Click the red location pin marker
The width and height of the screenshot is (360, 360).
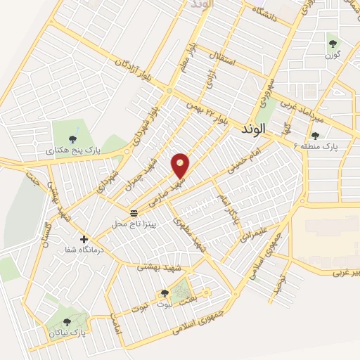click(x=181, y=165)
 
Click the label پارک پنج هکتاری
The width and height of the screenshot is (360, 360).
click(x=74, y=150)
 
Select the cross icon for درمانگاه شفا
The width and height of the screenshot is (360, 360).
click(x=84, y=240)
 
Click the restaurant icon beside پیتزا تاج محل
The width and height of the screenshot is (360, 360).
click(x=134, y=212)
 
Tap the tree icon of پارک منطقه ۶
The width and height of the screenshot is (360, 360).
click(x=314, y=136)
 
